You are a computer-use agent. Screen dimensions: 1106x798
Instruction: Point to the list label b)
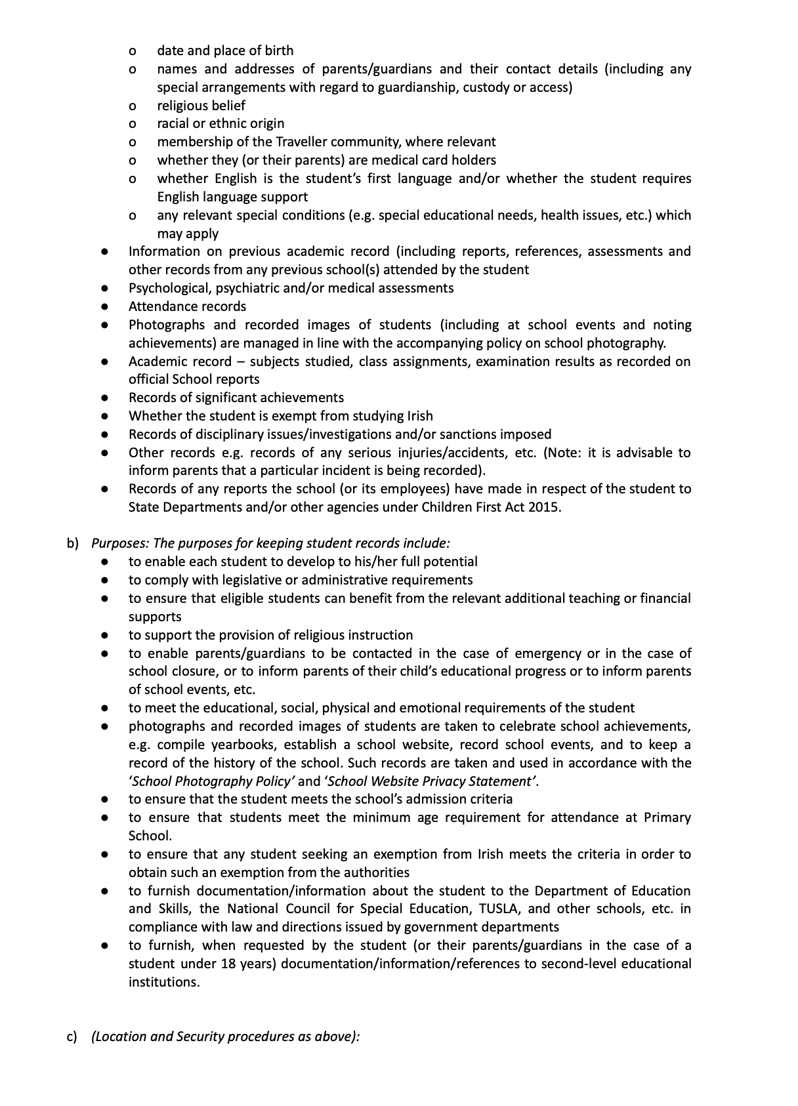tap(72, 543)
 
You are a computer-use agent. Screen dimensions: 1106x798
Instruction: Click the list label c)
tap(72, 1037)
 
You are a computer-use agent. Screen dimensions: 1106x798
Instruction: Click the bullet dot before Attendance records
tap(105, 307)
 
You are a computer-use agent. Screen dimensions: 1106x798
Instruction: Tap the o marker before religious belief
tap(133, 106)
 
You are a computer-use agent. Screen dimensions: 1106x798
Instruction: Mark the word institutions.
tap(163, 982)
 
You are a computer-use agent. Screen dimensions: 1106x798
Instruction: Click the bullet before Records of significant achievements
tap(105, 398)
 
